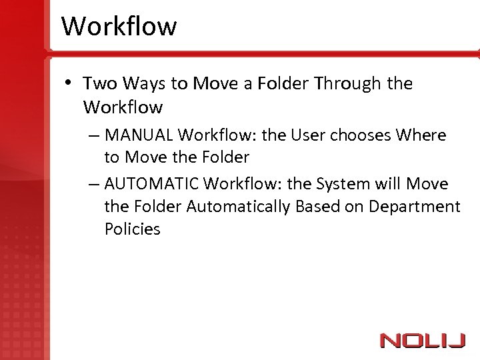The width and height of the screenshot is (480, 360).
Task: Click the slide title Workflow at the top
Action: (119, 27)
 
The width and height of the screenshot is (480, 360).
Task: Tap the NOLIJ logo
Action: (422, 341)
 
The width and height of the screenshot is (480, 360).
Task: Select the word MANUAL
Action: (139, 135)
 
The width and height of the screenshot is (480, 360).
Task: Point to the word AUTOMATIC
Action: (152, 184)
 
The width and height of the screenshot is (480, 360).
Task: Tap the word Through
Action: (347, 84)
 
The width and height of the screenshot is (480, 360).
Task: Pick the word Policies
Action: (132, 229)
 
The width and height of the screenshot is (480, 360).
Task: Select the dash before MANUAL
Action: (93, 136)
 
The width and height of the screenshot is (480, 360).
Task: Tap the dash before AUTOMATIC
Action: (93, 185)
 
